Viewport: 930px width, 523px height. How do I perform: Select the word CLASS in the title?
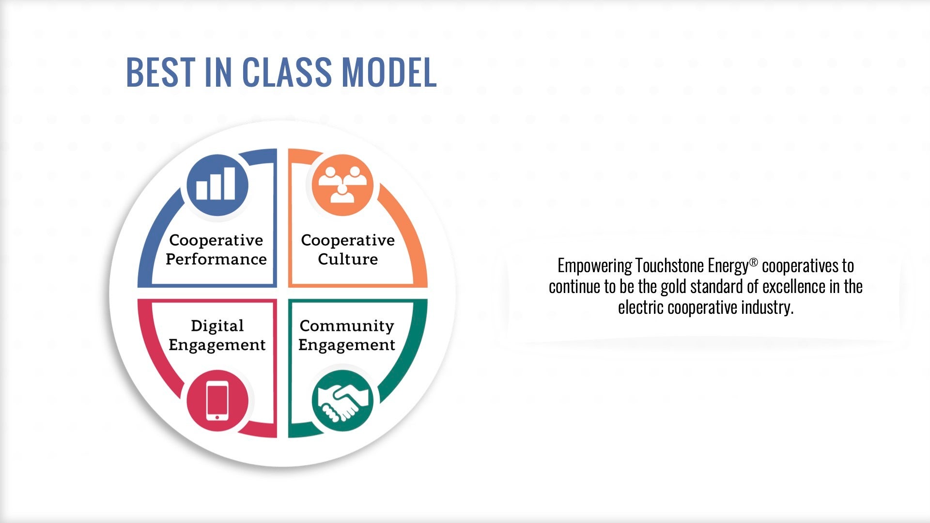pos(287,72)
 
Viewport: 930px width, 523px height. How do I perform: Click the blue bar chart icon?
pos(217,185)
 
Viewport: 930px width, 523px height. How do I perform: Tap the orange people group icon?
pos(342,185)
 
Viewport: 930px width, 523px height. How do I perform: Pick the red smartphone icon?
pos(217,401)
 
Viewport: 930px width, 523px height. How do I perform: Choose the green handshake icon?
pos(342,401)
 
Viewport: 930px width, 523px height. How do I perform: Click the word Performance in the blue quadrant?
pos(216,259)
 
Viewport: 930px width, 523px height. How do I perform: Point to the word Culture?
pos(348,259)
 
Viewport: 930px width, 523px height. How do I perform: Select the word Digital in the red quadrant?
pos(217,326)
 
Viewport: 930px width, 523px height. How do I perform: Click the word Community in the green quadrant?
pos(347,326)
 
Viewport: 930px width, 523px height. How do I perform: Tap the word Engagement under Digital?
pos(217,345)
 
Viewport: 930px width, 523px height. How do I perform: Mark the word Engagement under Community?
pos(347,345)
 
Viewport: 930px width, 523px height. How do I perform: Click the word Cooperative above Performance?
pos(216,241)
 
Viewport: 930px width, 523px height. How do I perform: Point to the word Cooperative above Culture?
pos(348,241)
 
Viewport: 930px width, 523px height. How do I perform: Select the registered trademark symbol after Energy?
pos(753,262)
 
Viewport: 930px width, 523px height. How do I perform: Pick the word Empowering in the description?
pos(595,266)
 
